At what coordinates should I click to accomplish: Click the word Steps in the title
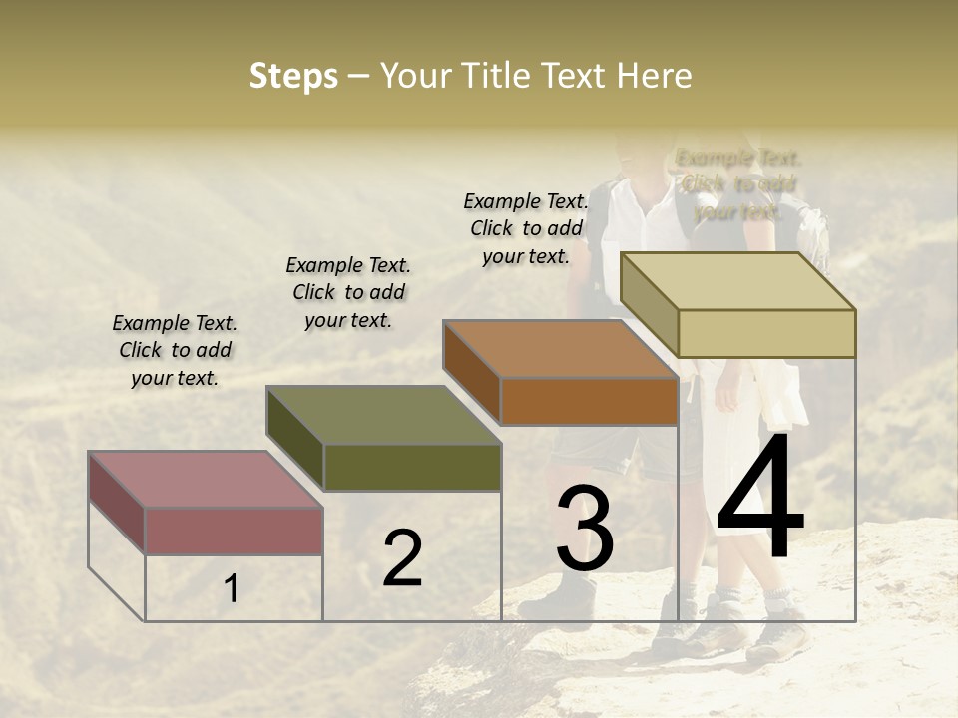(x=293, y=76)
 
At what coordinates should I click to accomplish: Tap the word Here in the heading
(x=654, y=76)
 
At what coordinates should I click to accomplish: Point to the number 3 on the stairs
(x=585, y=530)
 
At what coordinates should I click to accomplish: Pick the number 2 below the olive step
(x=402, y=558)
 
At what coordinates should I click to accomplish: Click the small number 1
(x=232, y=589)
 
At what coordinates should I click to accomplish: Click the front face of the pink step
(x=234, y=531)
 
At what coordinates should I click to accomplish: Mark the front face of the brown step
(x=589, y=402)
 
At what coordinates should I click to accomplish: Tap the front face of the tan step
(x=766, y=333)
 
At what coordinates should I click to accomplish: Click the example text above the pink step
(x=175, y=351)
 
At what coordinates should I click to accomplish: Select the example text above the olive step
(x=348, y=292)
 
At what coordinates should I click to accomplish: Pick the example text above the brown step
(x=526, y=228)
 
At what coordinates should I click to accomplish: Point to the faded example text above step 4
(x=738, y=184)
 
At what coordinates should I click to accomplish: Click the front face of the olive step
(x=412, y=467)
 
